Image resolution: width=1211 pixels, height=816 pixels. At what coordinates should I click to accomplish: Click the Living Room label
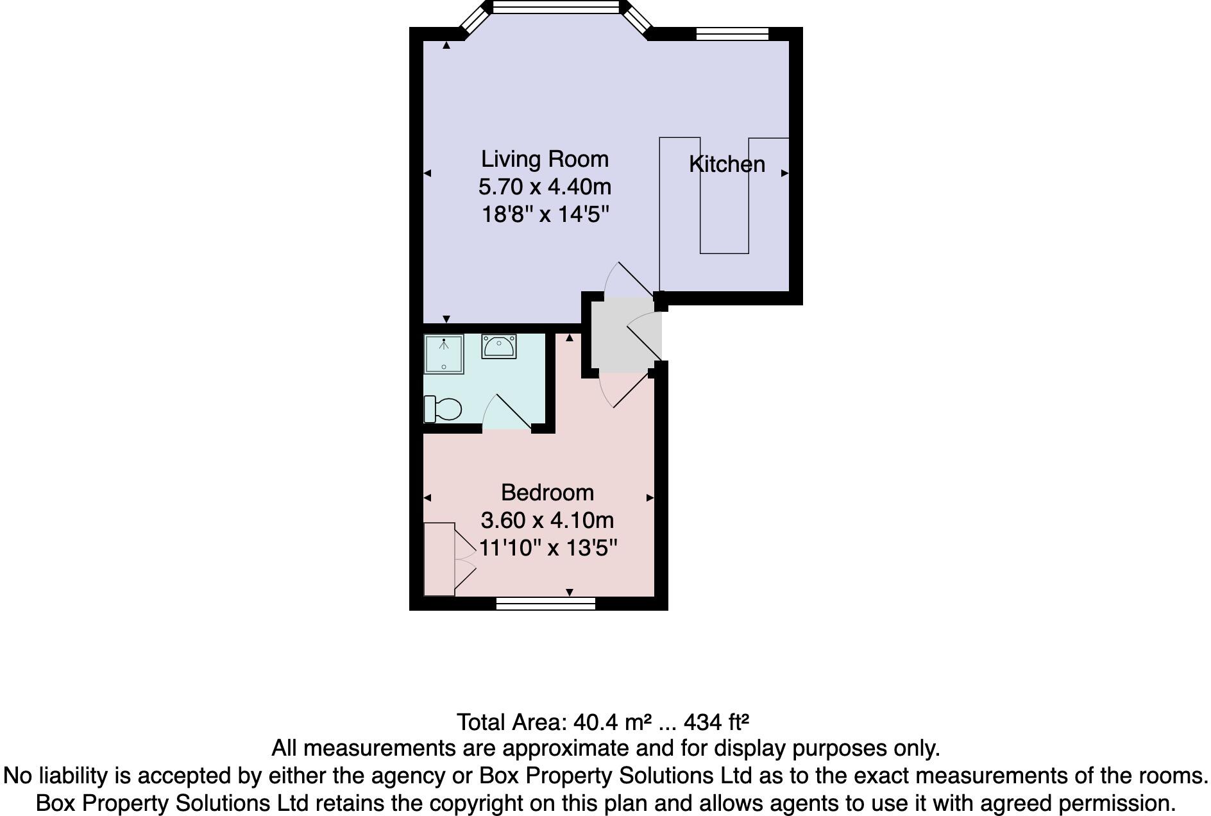click(x=545, y=159)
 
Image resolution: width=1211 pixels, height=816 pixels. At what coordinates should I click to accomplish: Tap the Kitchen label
click(x=727, y=164)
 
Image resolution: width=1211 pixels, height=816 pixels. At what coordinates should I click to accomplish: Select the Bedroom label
click(x=547, y=493)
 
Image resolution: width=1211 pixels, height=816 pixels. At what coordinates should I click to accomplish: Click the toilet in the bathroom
click(x=443, y=409)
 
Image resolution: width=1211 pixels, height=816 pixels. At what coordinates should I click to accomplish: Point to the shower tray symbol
click(x=443, y=354)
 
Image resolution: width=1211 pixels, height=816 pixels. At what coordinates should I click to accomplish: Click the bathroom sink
click(x=498, y=347)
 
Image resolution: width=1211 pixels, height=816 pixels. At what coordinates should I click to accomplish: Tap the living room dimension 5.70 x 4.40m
click(x=545, y=187)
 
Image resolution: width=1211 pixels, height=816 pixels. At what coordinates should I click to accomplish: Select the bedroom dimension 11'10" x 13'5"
click(x=548, y=548)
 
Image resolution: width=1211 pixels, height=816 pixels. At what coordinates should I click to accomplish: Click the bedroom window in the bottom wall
click(x=546, y=603)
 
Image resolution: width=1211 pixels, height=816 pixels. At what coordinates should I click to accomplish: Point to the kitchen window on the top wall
click(x=732, y=33)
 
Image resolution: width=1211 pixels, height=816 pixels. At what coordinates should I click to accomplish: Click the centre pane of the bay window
click(x=556, y=7)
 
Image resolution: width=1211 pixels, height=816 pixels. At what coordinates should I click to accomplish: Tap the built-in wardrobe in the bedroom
click(x=439, y=559)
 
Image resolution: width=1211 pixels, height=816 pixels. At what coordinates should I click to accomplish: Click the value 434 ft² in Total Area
click(x=716, y=722)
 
